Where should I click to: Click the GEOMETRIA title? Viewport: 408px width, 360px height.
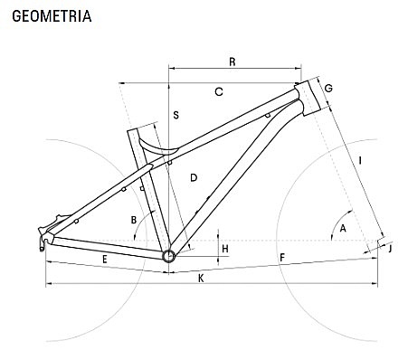pos(52,16)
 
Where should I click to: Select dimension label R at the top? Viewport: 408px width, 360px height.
pos(232,62)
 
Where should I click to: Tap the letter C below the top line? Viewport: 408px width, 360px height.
pos(219,91)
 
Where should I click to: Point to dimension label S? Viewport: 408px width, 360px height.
pos(176,115)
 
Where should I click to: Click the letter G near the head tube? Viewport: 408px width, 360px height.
pos(328,89)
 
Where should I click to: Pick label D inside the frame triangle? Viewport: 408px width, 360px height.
pos(194,177)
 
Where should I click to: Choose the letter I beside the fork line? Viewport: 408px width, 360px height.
pos(360,160)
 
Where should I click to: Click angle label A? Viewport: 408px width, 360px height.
pos(343,228)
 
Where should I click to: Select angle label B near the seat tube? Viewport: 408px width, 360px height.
pos(134,220)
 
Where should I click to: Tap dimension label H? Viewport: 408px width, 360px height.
pos(225,249)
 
